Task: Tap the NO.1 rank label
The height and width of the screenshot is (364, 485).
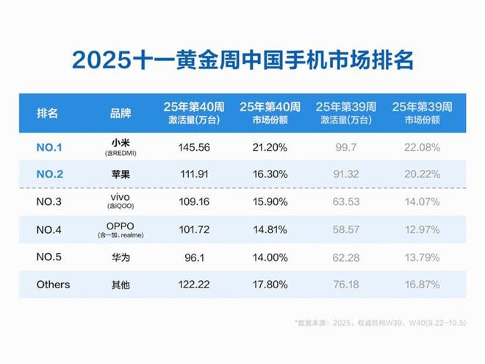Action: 49,147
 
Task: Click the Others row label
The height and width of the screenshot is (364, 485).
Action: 53,284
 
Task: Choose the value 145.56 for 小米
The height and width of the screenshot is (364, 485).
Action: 194,147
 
